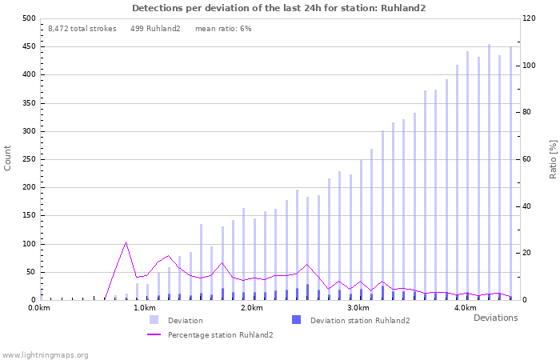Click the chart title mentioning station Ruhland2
(x=279, y=8)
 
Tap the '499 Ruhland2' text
(x=155, y=29)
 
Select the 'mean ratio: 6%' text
(x=223, y=29)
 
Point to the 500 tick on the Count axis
(x=29, y=18)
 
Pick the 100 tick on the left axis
(x=29, y=244)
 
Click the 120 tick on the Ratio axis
(x=530, y=18)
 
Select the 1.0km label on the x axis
(x=144, y=308)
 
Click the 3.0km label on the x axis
(x=358, y=308)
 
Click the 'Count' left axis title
(x=8, y=158)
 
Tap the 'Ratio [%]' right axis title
(x=553, y=158)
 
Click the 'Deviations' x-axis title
(x=495, y=318)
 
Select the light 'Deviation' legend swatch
(x=154, y=320)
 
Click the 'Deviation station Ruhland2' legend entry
(x=359, y=321)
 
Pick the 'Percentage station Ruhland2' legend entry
(x=220, y=334)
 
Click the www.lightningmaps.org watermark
(x=45, y=354)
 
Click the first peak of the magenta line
(x=126, y=242)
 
